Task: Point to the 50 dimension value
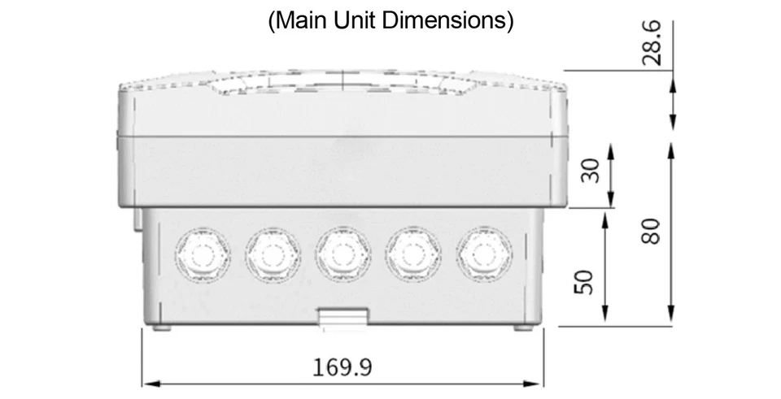pyautogui.click(x=582, y=284)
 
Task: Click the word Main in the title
pyautogui.click(x=300, y=20)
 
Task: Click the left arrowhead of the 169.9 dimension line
pyautogui.click(x=147, y=383)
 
